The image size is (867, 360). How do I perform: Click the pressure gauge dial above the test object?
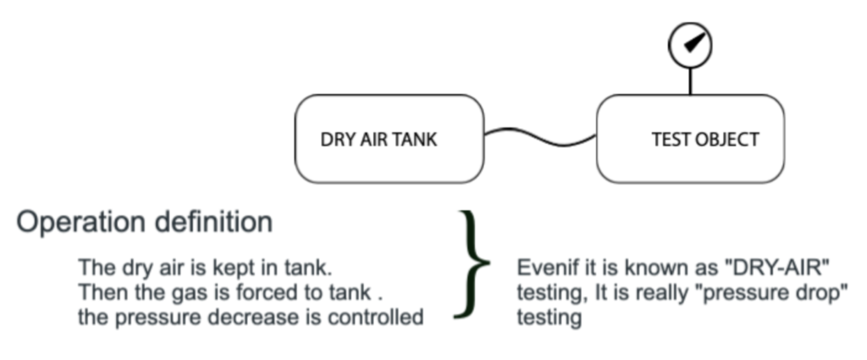[x=689, y=43]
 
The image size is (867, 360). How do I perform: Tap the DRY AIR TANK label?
[x=378, y=140]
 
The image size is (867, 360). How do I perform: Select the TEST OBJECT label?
[x=705, y=140]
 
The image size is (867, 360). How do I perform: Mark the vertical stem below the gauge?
[x=690, y=80]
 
